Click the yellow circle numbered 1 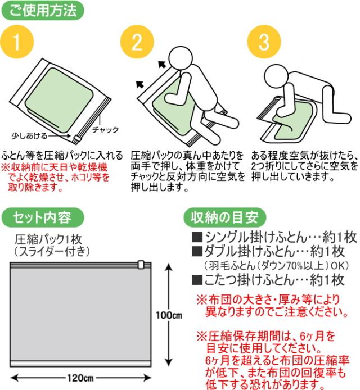[x=17, y=42]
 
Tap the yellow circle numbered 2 [x=137, y=42]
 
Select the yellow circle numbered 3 [x=264, y=42]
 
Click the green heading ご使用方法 [x=43, y=11]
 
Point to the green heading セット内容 [x=43, y=217]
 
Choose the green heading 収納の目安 [x=225, y=217]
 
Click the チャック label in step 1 [x=105, y=130]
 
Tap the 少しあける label [x=29, y=136]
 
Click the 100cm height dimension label [x=169, y=315]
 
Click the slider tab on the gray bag [x=141, y=264]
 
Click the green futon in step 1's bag [x=59, y=98]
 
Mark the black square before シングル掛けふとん [x=197, y=237]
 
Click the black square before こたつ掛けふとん [x=197, y=280]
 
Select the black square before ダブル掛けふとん [x=197, y=251]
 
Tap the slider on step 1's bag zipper [x=76, y=139]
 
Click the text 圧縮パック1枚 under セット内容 [x=48, y=239]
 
